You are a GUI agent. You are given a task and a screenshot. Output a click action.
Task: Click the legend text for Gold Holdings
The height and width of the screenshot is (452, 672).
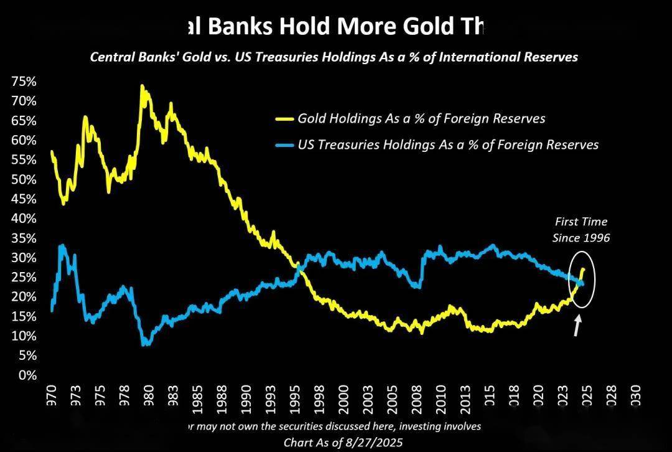click(421, 118)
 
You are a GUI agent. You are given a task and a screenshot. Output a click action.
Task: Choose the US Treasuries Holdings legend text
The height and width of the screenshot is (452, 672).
click(448, 145)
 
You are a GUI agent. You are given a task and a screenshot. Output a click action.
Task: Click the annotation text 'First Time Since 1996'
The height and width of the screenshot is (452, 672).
click(581, 230)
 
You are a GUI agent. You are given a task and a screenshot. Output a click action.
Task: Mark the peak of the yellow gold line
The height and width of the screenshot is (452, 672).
click(142, 87)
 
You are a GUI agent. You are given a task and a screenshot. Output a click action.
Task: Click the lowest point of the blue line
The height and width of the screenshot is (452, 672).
click(146, 344)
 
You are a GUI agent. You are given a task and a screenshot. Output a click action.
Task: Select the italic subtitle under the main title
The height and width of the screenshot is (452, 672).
click(334, 57)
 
